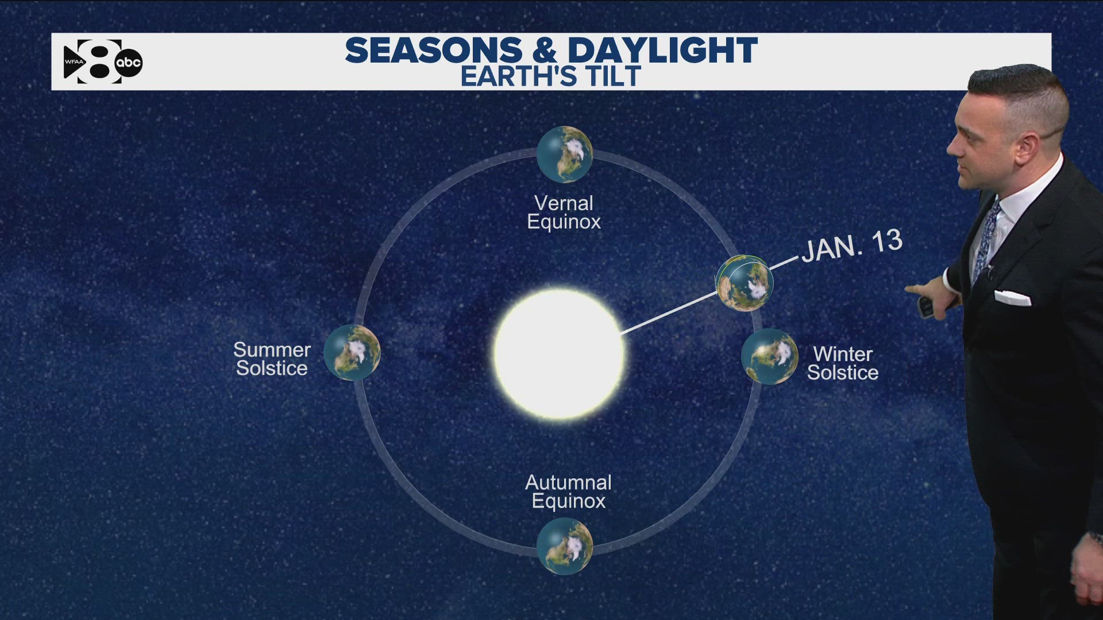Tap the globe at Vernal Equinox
pyautogui.click(x=564, y=154)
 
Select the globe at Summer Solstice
pyautogui.click(x=352, y=352)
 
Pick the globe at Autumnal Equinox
pyautogui.click(x=564, y=546)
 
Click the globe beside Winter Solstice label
pyautogui.click(x=769, y=356)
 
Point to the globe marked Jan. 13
pyautogui.click(x=744, y=283)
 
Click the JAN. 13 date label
pyautogui.click(x=852, y=246)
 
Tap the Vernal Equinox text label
pyautogui.click(x=564, y=212)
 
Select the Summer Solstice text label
pyautogui.click(x=272, y=359)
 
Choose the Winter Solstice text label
pyautogui.click(x=843, y=363)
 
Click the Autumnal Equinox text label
pyautogui.click(x=568, y=491)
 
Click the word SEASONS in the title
pyautogui.click(x=434, y=51)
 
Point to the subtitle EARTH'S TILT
pyautogui.click(x=550, y=76)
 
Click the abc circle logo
pyautogui.click(x=129, y=63)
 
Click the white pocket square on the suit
pyautogui.click(x=1012, y=297)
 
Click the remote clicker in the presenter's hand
pyautogui.click(x=925, y=307)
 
